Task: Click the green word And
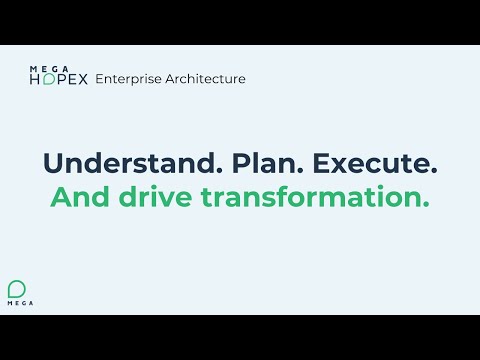pos(77,197)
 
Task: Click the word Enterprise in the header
pos(127,78)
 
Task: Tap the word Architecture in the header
pos(203,78)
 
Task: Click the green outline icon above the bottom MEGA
pos(18,284)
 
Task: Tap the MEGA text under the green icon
pos(18,300)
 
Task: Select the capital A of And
pos(59,197)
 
